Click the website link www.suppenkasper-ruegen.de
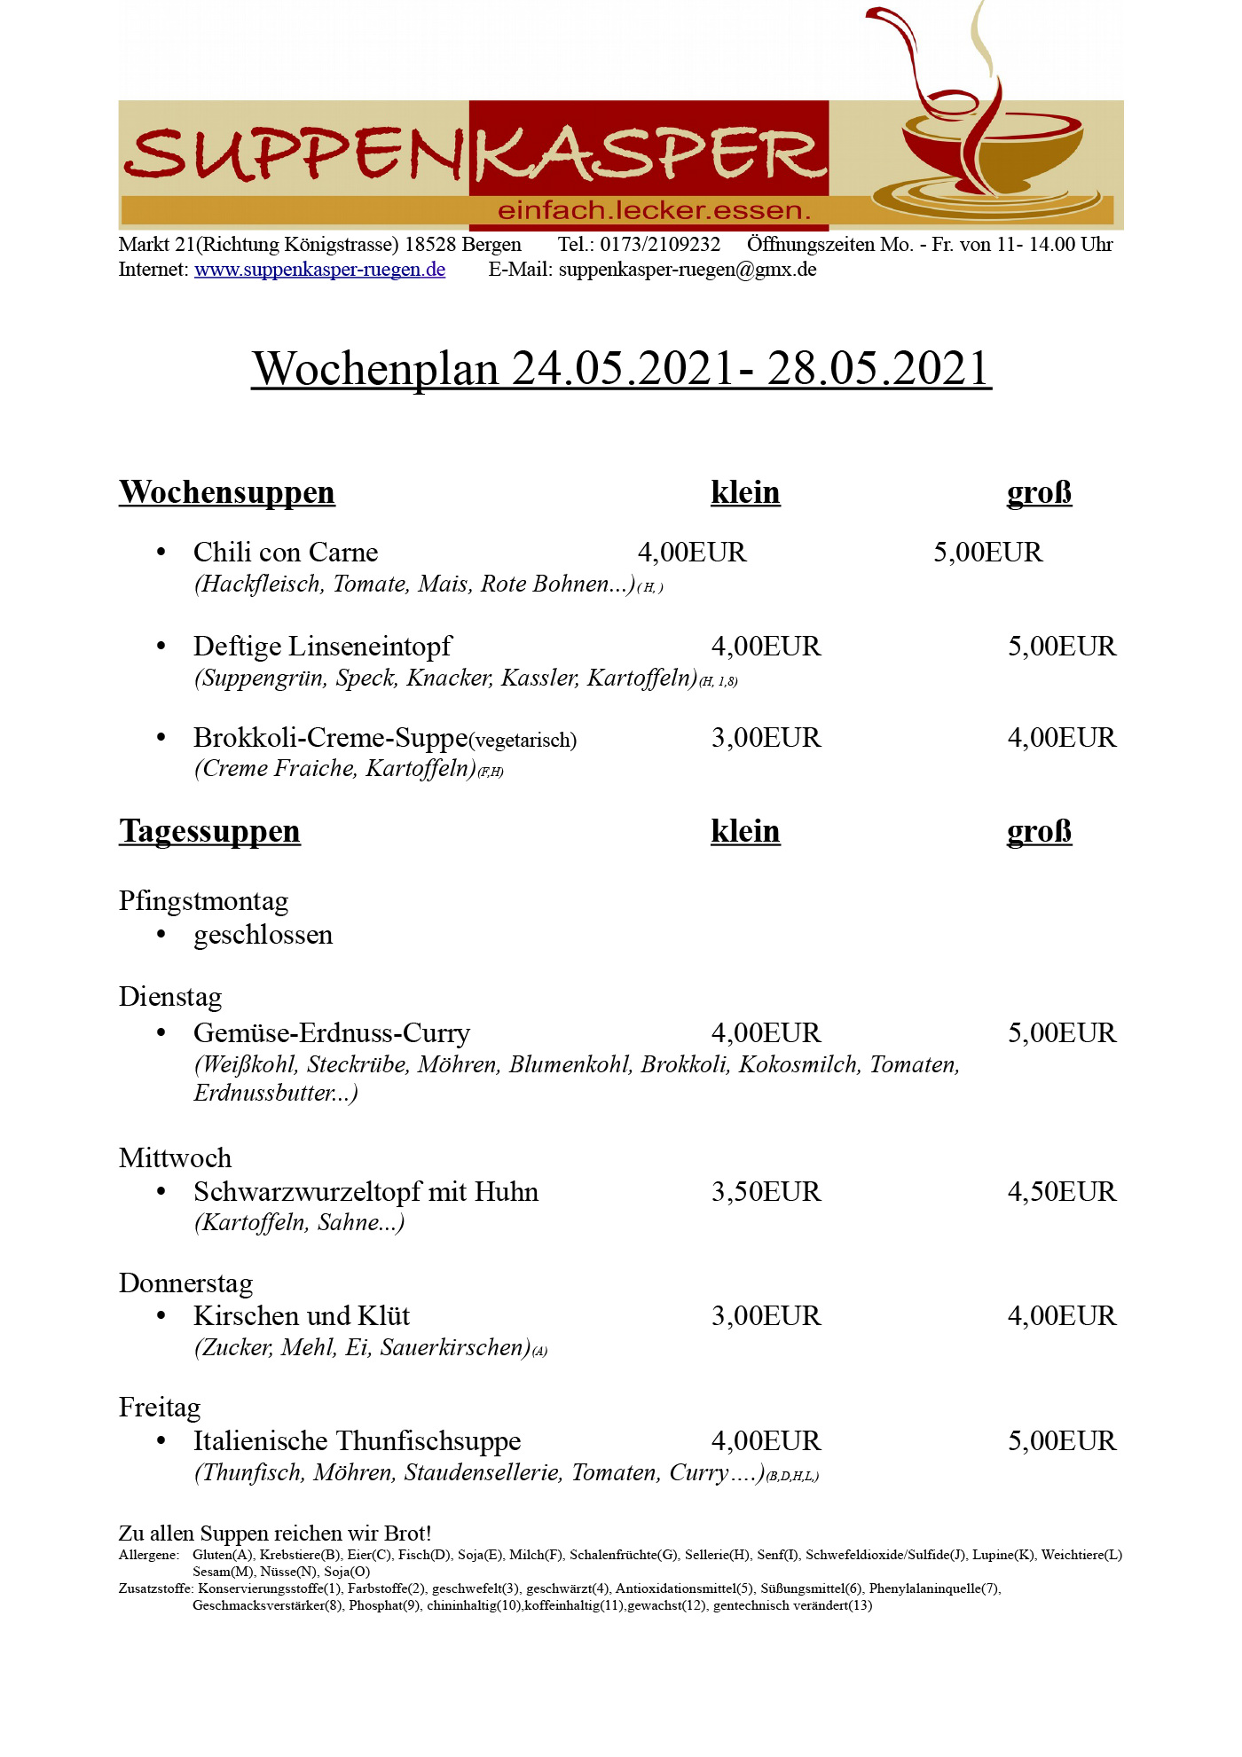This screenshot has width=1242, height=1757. [x=319, y=270]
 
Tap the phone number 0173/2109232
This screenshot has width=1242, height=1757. [x=660, y=245]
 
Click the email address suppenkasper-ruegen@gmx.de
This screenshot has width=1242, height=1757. [x=688, y=270]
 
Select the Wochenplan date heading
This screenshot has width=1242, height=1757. [x=621, y=368]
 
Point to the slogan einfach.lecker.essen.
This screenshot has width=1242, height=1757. [x=655, y=211]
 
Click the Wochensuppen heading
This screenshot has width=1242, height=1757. [x=227, y=492]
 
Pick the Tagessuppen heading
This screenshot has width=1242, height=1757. [x=209, y=831]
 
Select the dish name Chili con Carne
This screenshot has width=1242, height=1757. [x=286, y=553]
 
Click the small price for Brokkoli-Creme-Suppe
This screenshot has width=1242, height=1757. [x=766, y=738]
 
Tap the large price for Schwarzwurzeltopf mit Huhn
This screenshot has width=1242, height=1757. [x=1061, y=1192]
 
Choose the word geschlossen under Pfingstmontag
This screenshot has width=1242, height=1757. [x=263, y=935]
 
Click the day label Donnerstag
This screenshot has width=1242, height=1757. [x=185, y=1283]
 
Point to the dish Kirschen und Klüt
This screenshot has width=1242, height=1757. [x=302, y=1316]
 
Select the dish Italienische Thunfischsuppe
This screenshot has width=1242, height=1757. [x=357, y=1441]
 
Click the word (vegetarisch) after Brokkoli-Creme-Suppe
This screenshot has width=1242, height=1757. [x=523, y=741]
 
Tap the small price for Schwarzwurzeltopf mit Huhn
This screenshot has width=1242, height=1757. [x=766, y=1192]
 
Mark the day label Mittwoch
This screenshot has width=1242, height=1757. [x=175, y=1158]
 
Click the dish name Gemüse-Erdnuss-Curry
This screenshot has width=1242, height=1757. [x=332, y=1033]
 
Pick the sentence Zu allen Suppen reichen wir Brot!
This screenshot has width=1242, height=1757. [x=275, y=1533]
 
